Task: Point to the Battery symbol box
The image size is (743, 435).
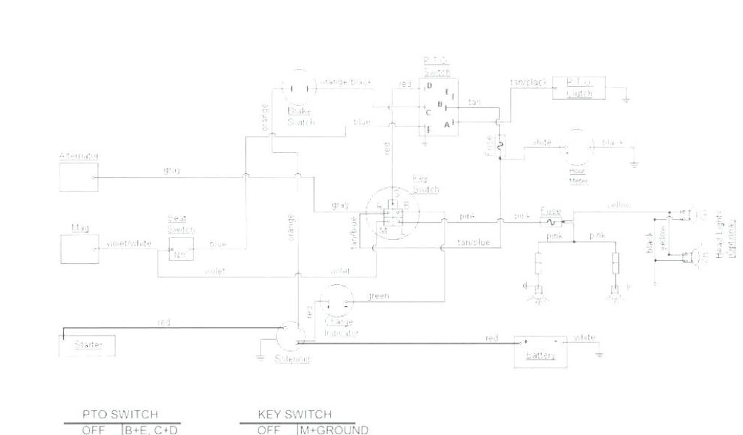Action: click(x=541, y=351)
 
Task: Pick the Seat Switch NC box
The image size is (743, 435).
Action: click(x=178, y=250)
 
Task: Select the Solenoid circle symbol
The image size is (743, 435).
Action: click(x=292, y=337)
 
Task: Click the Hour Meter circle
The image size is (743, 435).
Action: click(x=579, y=149)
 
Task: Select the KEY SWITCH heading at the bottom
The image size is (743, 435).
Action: click(x=295, y=415)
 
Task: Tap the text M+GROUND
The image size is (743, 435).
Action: click(x=334, y=430)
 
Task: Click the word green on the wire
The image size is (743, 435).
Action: click(x=379, y=296)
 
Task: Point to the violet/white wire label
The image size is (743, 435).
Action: click(x=129, y=244)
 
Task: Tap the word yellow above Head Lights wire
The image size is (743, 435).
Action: click(x=619, y=206)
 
